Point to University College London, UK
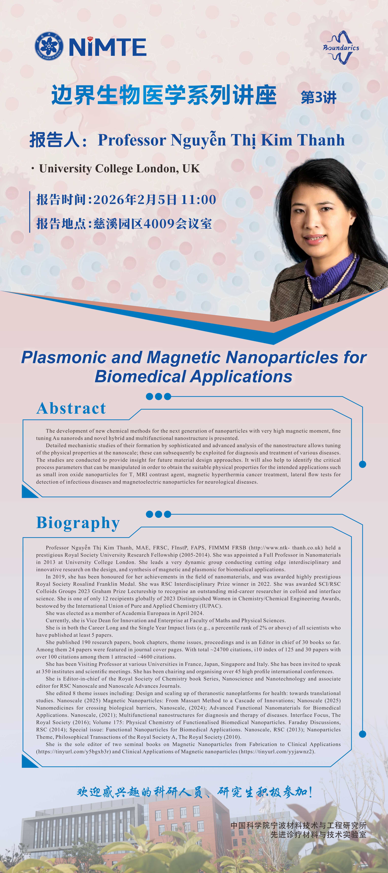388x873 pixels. pos(119,168)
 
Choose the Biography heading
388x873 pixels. pos(78,523)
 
